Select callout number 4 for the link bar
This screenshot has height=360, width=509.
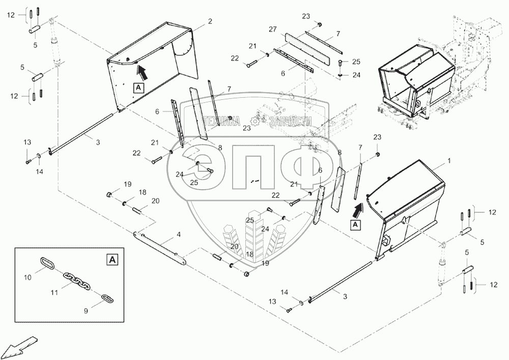[x=179, y=235]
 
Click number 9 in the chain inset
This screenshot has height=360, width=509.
[x=86, y=309]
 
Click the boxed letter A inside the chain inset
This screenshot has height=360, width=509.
[x=112, y=260]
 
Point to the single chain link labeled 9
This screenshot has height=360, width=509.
[x=107, y=297]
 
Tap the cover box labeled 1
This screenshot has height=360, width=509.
[x=407, y=204]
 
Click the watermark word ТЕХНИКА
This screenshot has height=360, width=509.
[x=221, y=121]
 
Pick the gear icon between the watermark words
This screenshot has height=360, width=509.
[x=255, y=121]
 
